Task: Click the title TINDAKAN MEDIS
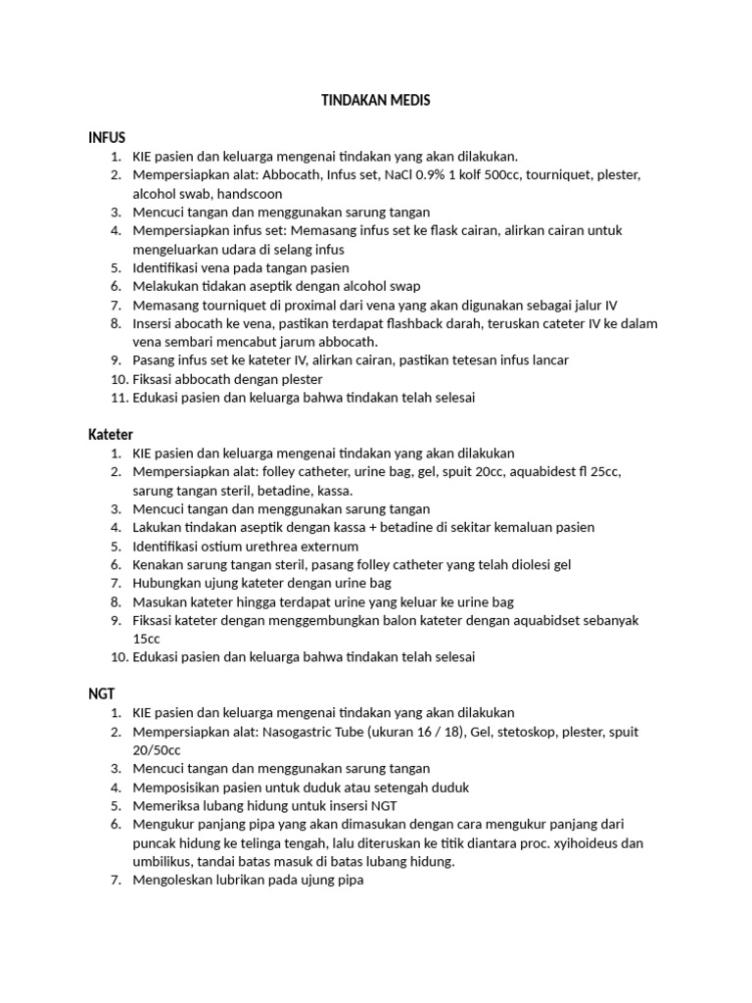click(376, 101)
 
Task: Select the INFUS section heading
click(107, 137)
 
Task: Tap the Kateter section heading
click(111, 434)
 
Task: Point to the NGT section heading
click(102, 693)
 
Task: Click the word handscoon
click(251, 194)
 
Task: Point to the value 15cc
click(147, 639)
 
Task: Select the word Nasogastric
click(297, 732)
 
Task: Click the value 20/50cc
click(156, 750)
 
